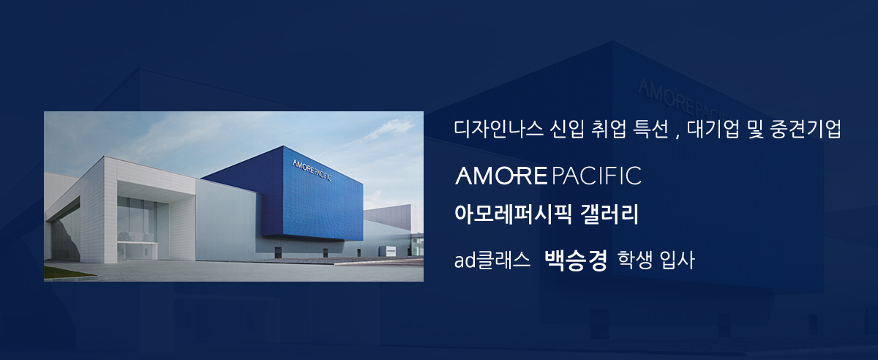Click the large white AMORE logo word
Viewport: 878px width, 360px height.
pos(501,176)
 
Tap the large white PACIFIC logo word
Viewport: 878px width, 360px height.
pos(596,176)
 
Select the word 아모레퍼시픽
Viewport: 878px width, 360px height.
pos(513,214)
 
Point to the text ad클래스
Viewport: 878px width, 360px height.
pos(492,260)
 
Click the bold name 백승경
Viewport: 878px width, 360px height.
pos(576,260)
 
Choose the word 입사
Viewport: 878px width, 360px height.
pos(677,260)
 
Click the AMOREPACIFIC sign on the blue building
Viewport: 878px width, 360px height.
pos(312,170)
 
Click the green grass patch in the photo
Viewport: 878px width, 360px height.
pos(67,272)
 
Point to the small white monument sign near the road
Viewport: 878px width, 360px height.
pos(391,251)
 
